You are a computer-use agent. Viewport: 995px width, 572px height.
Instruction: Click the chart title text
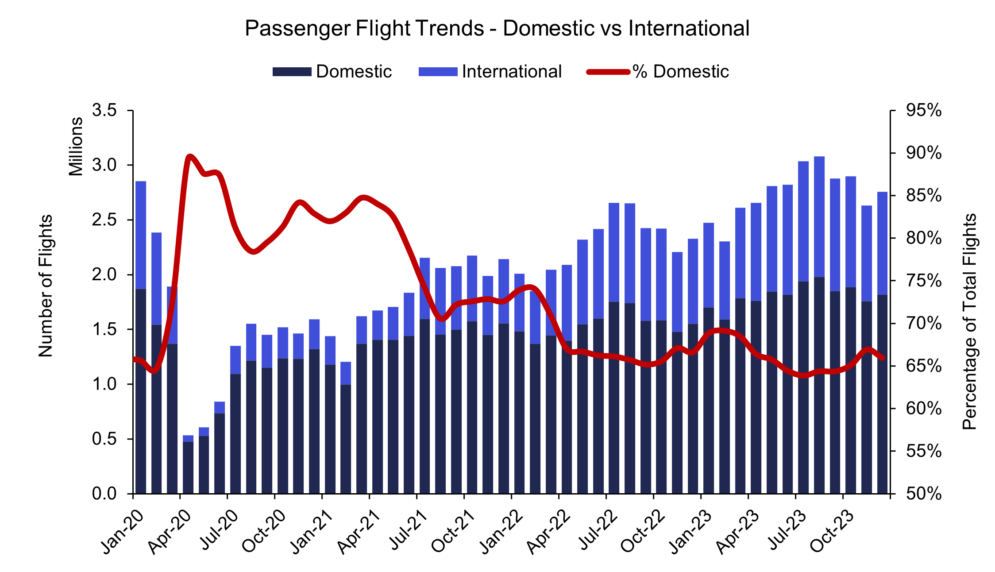pos(497,28)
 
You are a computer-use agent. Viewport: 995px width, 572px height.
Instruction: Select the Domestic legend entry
pos(332,71)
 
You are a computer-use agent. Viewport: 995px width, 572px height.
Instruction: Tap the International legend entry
pos(490,71)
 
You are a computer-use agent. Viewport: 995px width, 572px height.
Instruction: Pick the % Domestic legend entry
pos(658,71)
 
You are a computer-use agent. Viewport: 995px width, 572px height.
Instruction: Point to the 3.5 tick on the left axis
pos(104,110)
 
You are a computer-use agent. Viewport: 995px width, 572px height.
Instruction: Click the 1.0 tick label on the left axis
pos(104,384)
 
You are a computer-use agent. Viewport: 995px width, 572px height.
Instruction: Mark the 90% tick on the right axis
pos(924,153)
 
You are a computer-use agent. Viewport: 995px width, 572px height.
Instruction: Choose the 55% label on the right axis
pos(924,451)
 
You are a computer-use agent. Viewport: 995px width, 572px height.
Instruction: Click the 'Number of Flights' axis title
pos(45,286)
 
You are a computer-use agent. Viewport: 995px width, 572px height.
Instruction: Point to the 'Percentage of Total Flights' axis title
pos(969,322)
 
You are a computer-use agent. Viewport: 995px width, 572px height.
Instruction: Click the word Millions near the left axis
pos(76,147)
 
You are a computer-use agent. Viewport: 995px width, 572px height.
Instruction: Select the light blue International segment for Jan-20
pos(141,235)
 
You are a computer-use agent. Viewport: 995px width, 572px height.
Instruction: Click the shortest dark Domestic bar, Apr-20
pos(188,467)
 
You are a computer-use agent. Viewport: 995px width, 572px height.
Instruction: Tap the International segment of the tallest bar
pos(819,217)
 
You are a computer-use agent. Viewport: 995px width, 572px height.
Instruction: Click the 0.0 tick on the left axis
pos(104,494)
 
